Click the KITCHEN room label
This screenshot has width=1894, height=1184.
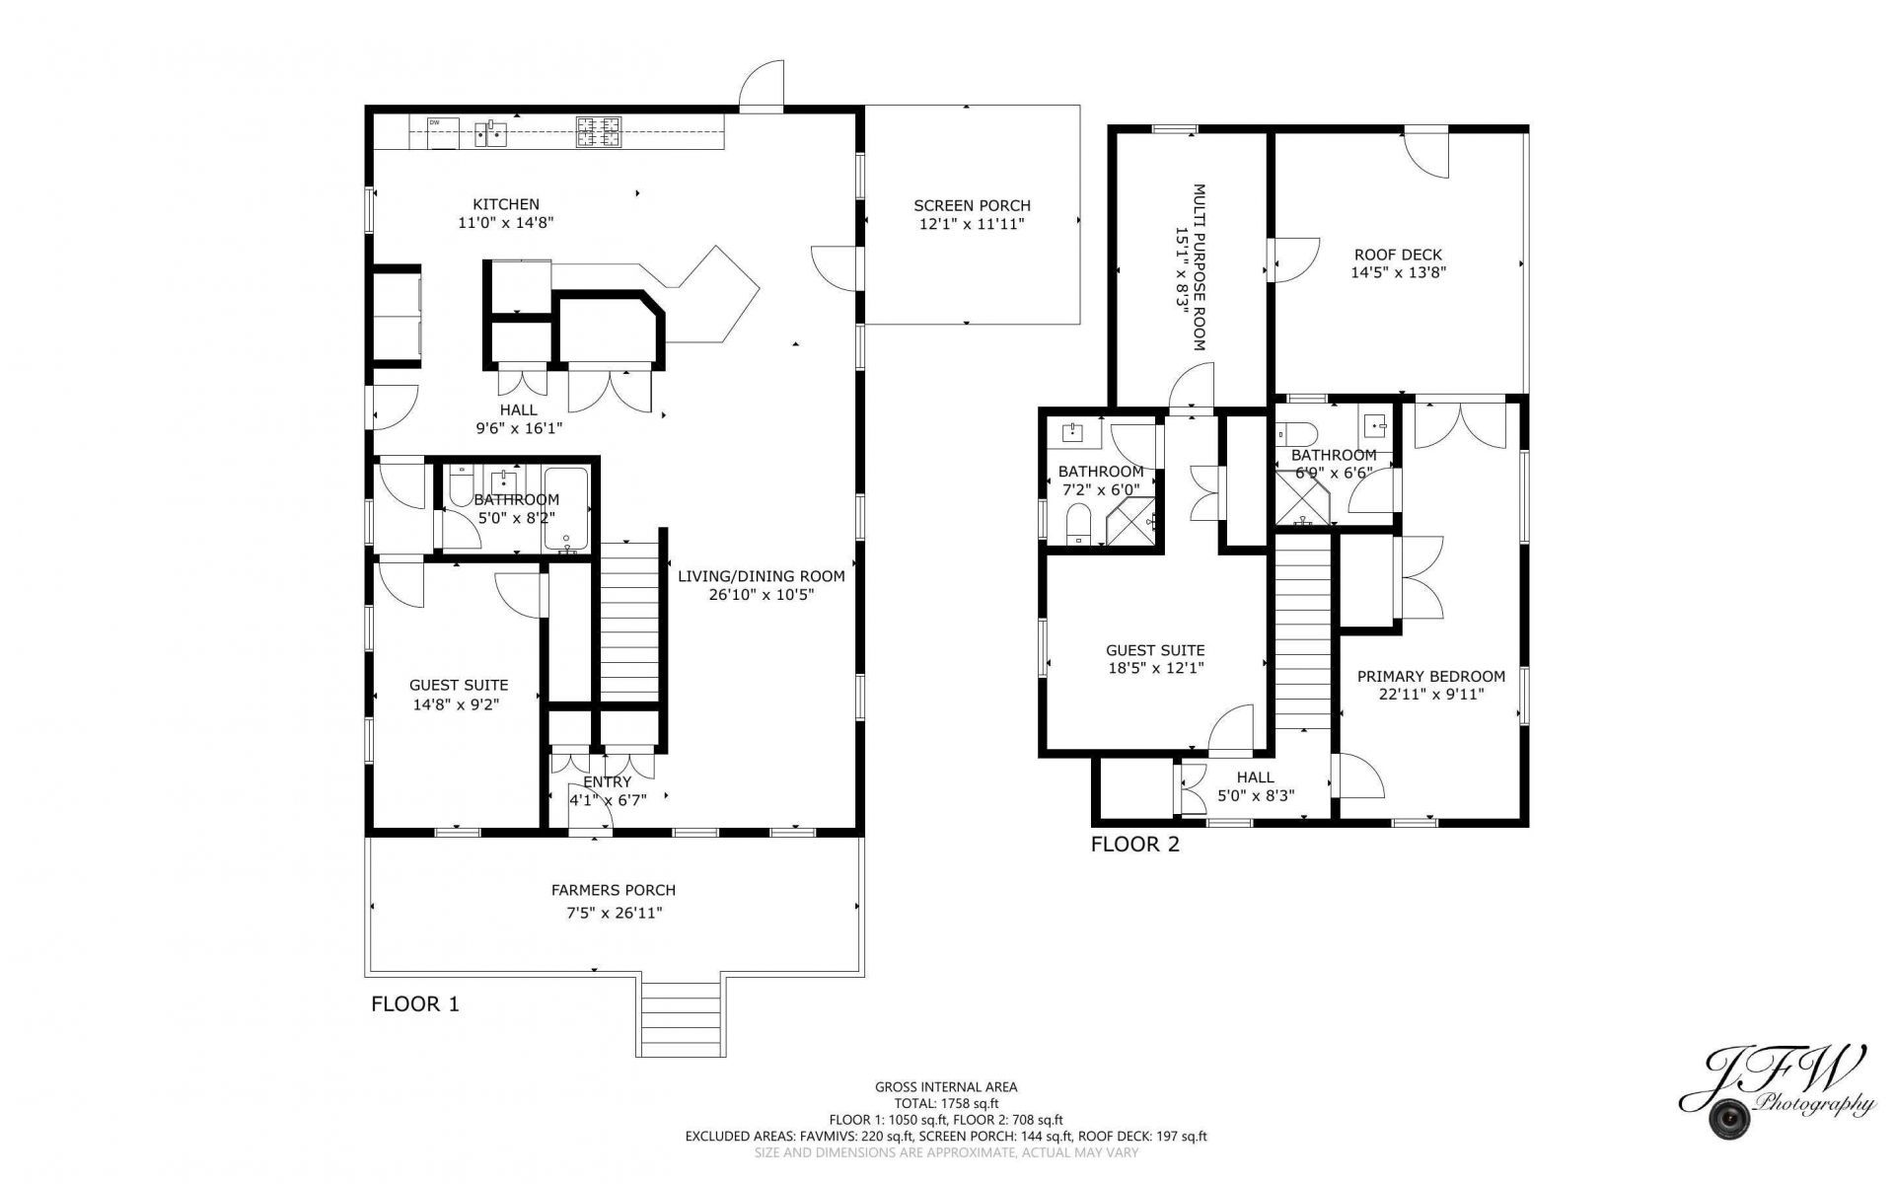(x=506, y=204)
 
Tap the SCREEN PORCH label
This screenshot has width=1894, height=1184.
(x=972, y=205)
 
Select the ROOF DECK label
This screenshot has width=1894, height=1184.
(x=1398, y=255)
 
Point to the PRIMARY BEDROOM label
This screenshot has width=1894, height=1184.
(x=1431, y=676)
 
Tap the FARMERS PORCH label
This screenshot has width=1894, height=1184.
(x=614, y=890)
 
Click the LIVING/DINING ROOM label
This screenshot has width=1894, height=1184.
(x=762, y=576)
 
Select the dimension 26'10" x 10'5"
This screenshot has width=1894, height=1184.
(x=762, y=595)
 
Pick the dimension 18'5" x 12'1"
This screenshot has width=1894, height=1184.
(x=1155, y=668)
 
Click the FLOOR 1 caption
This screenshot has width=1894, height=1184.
(x=415, y=1004)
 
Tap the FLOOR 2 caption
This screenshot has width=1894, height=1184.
(x=1135, y=845)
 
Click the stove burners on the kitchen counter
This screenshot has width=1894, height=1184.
(x=600, y=132)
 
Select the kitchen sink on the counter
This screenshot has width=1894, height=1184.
(x=491, y=132)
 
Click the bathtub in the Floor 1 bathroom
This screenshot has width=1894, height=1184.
(x=566, y=509)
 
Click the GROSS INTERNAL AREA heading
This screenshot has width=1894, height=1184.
(x=946, y=1087)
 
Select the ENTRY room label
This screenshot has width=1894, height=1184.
(x=608, y=782)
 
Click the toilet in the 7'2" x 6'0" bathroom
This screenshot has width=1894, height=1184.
(x=1080, y=523)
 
